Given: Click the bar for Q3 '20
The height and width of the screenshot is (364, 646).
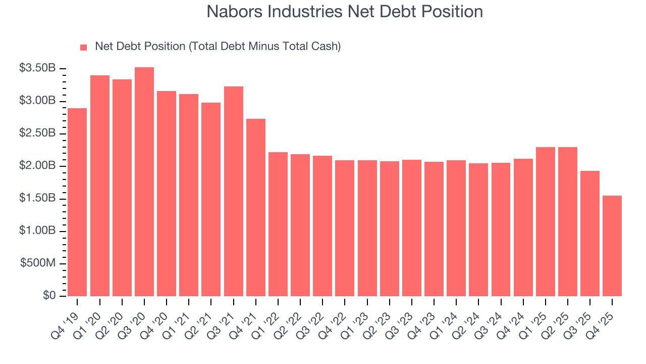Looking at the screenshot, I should [x=144, y=182].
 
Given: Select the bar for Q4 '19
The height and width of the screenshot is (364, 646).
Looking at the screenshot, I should [x=77, y=202].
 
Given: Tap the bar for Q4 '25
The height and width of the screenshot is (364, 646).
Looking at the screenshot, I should [x=612, y=246].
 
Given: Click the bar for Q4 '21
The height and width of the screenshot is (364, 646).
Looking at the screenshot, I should [x=256, y=207].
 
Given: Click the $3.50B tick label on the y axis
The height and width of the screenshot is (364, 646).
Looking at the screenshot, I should [x=37, y=69].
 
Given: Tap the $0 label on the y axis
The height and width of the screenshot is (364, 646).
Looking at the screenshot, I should [x=49, y=296].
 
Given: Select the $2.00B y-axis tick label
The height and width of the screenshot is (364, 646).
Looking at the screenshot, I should [x=37, y=166].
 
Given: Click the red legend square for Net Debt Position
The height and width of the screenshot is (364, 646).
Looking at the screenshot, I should [x=84, y=48].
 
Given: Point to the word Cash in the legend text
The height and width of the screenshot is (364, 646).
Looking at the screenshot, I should [x=326, y=47].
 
